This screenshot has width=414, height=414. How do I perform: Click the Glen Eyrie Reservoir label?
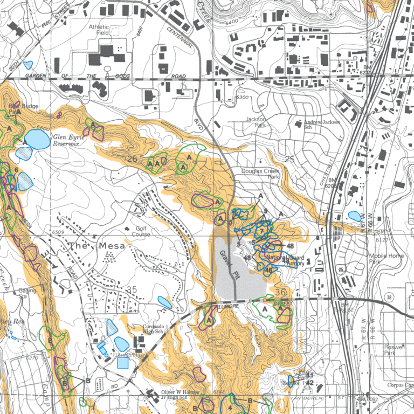coord(68,141)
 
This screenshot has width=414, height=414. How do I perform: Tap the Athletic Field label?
coord(99,30)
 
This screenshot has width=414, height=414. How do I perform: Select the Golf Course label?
coord(141,231)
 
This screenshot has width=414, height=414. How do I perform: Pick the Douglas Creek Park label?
coord(260,174)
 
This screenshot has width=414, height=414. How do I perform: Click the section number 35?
coord(132,290)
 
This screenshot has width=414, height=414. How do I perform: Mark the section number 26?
coord(133,158)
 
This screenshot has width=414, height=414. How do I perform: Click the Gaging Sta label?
coord(27,293)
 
